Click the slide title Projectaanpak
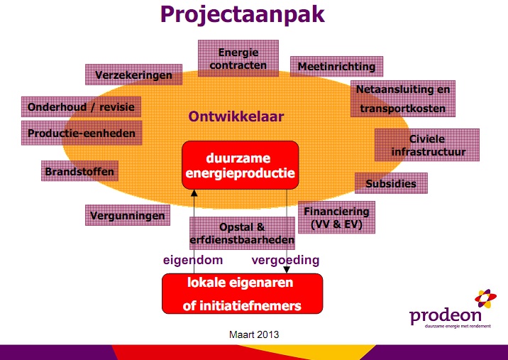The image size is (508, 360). [254, 16]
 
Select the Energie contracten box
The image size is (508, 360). [238, 59]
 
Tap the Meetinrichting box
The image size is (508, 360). [336, 66]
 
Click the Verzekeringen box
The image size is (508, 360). [133, 74]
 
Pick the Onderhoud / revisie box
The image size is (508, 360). [80, 107]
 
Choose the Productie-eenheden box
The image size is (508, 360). [81, 132]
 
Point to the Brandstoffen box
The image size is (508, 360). [79, 171]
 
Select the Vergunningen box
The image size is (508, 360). [127, 215]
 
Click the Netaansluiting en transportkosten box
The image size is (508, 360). [402, 99]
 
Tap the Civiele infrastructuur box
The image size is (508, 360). [426, 145]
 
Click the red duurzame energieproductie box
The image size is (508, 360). [240, 165]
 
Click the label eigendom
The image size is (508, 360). [194, 260]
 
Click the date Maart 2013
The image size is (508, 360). [253, 333]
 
